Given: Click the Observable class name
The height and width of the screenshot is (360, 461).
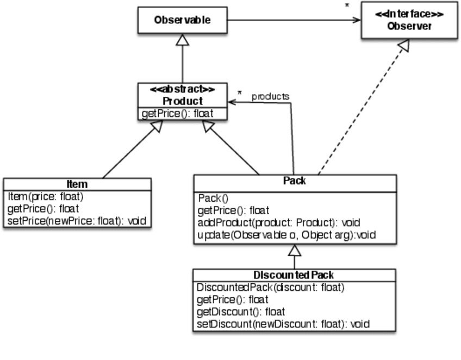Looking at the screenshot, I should (182, 20).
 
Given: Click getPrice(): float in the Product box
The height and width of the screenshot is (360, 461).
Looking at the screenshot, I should (177, 114).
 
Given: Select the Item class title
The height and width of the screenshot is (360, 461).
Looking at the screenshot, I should (77, 184).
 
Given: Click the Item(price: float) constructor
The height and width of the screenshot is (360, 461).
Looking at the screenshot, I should (46, 196).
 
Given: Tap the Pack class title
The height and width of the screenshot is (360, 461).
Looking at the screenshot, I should (295, 181).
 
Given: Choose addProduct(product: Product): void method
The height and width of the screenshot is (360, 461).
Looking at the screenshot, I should (279, 223).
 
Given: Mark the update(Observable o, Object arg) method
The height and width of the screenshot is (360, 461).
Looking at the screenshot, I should (286, 235).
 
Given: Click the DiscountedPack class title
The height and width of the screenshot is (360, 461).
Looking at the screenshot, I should (294, 275).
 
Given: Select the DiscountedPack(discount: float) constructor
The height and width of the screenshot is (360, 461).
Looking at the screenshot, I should (270, 287).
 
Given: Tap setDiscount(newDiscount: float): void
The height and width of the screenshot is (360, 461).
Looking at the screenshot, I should (283, 324).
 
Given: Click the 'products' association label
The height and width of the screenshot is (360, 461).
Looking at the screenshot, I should (270, 96).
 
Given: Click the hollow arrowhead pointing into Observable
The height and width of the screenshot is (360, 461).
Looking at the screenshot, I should (182, 40).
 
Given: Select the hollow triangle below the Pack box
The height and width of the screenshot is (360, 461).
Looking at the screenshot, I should (294, 251).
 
